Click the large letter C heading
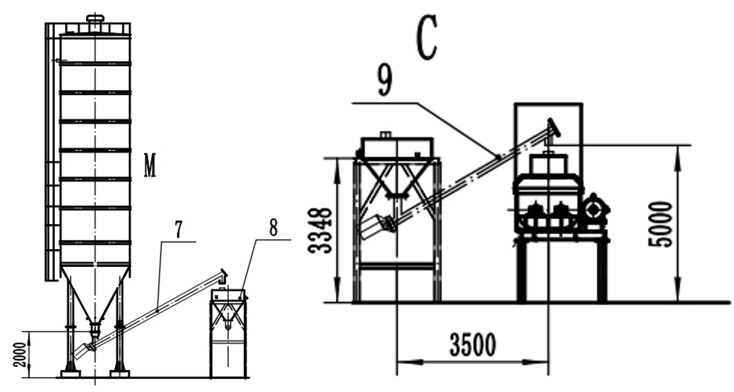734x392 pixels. [x=427, y=42]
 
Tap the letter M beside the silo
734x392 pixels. [x=150, y=168]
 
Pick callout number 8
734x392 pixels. [x=273, y=228]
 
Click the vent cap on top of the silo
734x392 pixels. [x=95, y=20]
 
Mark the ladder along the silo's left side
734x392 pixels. [x=50, y=151]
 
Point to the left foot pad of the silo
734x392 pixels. [x=70, y=374]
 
